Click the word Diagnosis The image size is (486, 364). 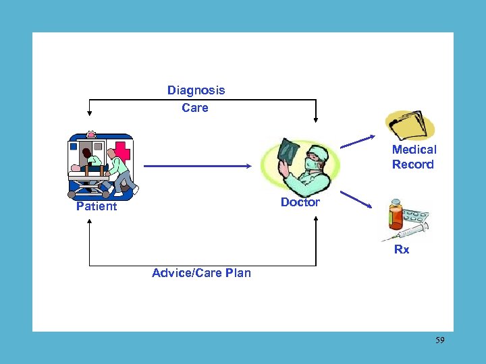[x=196, y=90]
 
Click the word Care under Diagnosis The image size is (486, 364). [x=195, y=108]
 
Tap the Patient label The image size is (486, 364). [x=97, y=206]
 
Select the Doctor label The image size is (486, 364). [x=300, y=202]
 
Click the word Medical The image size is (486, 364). [x=414, y=150]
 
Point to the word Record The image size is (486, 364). [x=412, y=164]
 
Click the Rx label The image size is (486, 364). [x=402, y=249]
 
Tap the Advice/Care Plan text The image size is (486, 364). [x=201, y=273]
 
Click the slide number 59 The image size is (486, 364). [x=439, y=340]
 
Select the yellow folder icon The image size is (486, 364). [x=410, y=125]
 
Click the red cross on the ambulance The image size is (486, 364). [x=123, y=150]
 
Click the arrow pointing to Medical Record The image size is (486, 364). [x=357, y=140]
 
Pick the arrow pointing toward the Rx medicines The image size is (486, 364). [x=357, y=200]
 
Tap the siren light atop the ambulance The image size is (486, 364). [x=91, y=135]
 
